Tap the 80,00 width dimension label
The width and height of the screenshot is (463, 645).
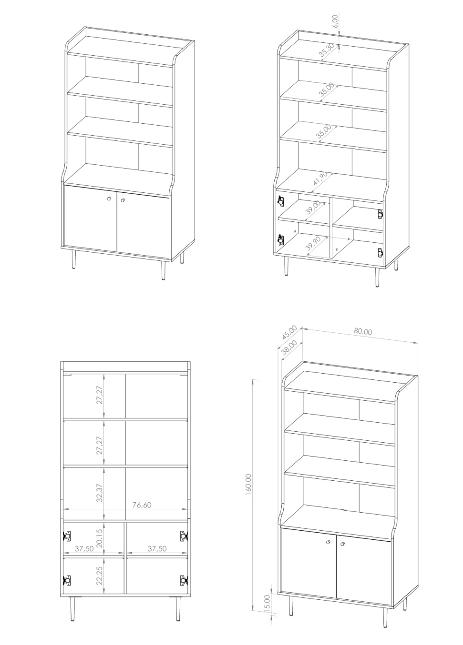(x=363, y=331)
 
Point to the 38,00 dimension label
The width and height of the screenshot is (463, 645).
(x=289, y=347)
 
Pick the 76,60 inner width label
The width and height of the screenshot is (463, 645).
(x=142, y=505)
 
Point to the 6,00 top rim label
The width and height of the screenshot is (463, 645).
(x=335, y=21)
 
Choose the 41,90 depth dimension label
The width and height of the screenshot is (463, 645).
(x=320, y=179)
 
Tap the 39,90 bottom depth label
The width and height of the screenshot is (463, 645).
(x=313, y=244)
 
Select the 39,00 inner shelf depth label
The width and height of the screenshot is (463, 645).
(x=313, y=208)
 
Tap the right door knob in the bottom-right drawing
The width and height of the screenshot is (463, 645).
(x=342, y=544)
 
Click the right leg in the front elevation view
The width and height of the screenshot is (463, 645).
(x=178, y=605)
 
